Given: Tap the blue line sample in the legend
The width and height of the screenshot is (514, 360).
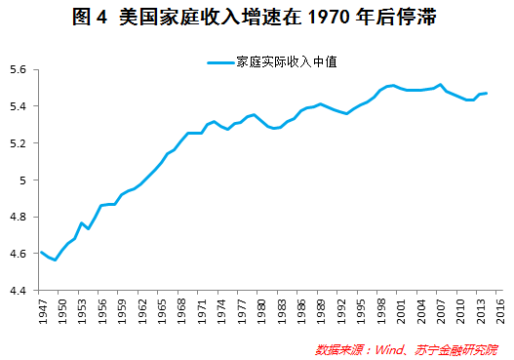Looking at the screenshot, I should pos(220,62).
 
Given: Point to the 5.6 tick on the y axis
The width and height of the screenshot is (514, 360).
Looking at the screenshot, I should pos(22,70).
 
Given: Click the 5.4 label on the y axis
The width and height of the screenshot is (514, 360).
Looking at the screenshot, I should pos(22,106).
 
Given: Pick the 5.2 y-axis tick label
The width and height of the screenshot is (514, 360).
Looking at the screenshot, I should pos(22,143).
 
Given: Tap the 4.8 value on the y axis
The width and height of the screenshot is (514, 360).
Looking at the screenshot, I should pos(22,218).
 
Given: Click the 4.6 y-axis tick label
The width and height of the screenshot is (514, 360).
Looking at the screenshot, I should pos(22,254).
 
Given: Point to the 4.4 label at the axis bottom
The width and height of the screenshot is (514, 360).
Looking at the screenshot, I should pos(22,291).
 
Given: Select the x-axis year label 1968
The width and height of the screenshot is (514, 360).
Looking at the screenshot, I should pos(183,310).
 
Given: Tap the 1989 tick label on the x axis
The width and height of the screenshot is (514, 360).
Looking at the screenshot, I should pos(323,310).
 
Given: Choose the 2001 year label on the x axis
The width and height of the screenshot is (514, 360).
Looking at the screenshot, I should pos(402,310).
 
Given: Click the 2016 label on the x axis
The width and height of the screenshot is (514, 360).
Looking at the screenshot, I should pos(501,310).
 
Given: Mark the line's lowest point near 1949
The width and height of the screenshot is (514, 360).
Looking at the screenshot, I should pos(55,260).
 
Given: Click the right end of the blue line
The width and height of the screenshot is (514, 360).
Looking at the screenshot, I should pos(487,94).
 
